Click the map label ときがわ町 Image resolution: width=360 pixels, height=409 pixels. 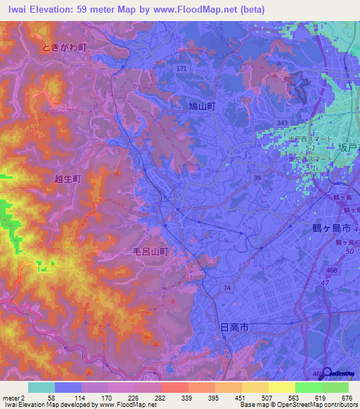tap(64, 47)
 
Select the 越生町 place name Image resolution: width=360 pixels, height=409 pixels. tap(68, 179)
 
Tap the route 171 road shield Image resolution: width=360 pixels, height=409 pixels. tap(182, 68)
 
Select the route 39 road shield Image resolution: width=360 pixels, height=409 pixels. tap(257, 177)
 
